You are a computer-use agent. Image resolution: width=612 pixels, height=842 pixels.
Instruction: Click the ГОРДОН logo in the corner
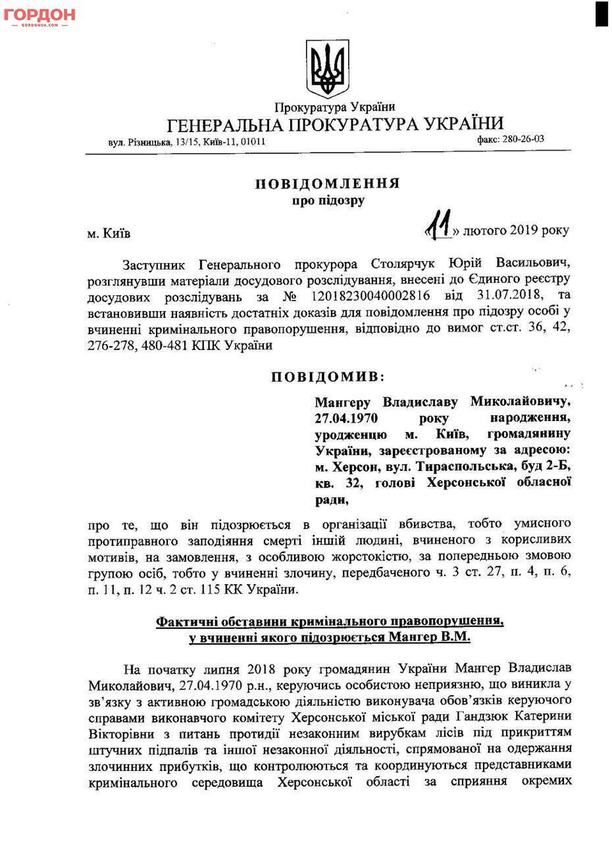click(x=39, y=16)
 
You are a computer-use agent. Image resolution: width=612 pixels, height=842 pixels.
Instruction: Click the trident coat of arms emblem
click(x=327, y=68)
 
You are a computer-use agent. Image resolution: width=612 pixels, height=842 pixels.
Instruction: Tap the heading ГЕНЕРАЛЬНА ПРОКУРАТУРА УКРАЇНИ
click(x=335, y=124)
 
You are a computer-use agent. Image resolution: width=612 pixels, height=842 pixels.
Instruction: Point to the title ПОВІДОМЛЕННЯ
click(x=327, y=184)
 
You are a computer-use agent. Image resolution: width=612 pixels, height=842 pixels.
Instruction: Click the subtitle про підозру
click(x=328, y=201)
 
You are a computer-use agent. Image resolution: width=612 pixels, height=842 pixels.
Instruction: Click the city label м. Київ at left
click(x=109, y=234)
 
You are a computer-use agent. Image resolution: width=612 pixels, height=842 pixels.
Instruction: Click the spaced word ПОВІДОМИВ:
click(x=327, y=377)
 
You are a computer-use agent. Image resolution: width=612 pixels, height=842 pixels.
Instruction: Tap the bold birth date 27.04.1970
click(x=346, y=418)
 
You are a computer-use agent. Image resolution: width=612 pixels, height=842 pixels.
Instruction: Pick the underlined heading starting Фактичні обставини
click(x=330, y=621)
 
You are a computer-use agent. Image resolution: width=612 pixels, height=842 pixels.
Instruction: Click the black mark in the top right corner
click(x=601, y=14)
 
